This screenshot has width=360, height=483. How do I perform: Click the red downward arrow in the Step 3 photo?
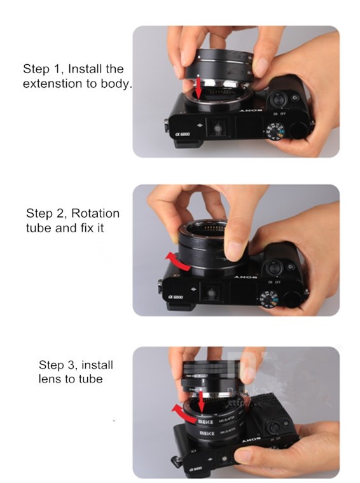(200, 400)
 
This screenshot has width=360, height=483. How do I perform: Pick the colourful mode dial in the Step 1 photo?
(275, 132)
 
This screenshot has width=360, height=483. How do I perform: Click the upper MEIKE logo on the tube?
(207, 421)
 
